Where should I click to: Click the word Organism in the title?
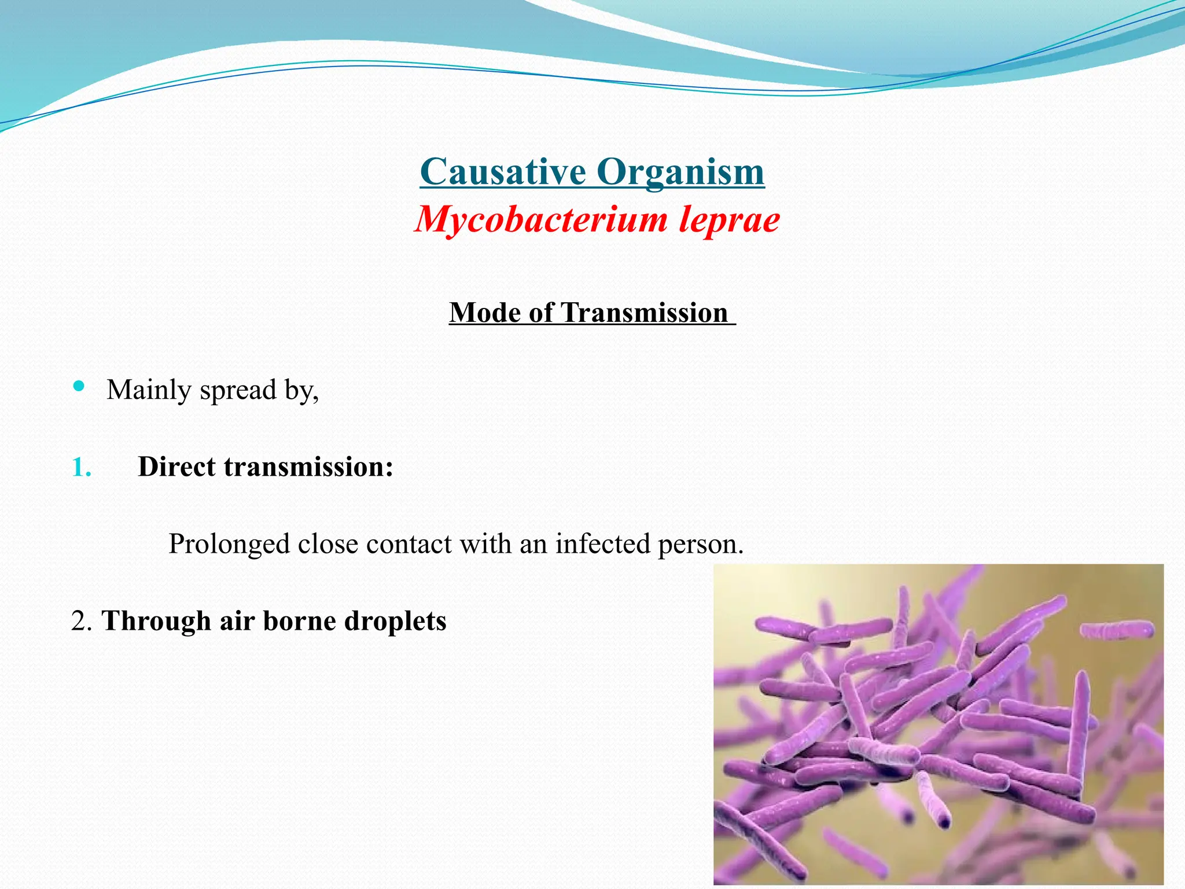[680, 172]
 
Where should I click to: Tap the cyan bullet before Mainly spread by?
[79, 386]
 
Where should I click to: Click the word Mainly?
[149, 390]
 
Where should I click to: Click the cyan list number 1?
[81, 468]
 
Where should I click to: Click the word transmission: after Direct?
[308, 466]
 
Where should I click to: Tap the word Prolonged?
[229, 545]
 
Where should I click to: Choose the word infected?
[603, 544]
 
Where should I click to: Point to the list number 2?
[82, 622]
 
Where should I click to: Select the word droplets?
[395, 622]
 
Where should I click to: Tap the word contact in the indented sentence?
[409, 544]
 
